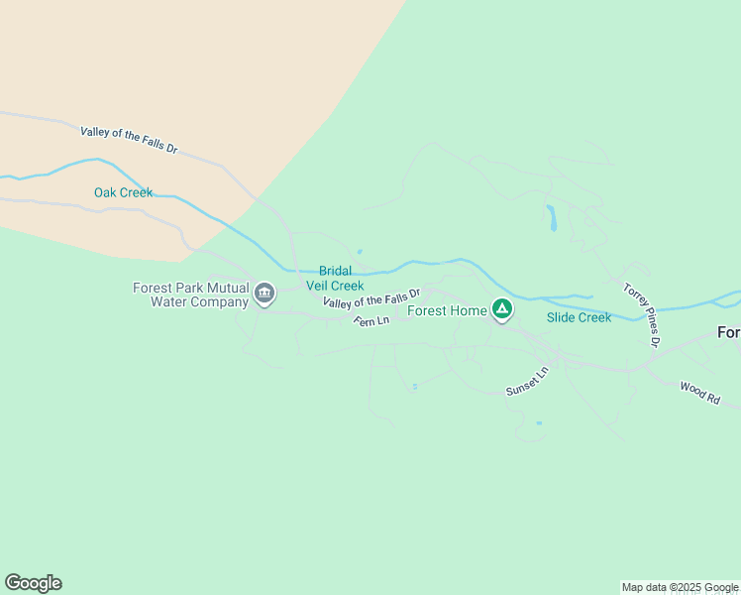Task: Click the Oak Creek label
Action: [123, 192]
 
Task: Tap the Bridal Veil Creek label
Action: [335, 278]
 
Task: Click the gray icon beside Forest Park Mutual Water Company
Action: [265, 294]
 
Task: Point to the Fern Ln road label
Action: [371, 320]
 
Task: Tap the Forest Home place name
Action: [447, 310]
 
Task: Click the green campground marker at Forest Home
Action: [502, 310]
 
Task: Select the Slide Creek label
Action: [579, 317]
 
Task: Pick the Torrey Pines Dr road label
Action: [641, 314]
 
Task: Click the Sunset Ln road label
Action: [527, 382]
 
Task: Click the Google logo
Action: [33, 583]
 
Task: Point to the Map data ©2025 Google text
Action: [680, 587]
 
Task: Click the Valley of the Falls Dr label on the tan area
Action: [129, 139]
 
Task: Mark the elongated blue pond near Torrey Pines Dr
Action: [552, 218]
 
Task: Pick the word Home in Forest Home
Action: [468, 310]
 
